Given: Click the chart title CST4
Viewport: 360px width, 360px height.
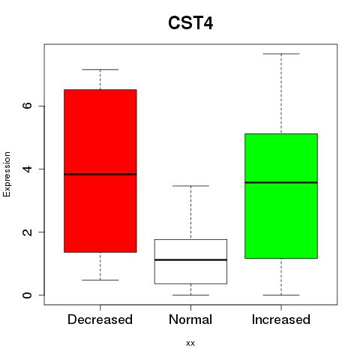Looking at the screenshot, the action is [x=190, y=23].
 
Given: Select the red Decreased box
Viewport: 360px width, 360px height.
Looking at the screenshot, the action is [x=100, y=171].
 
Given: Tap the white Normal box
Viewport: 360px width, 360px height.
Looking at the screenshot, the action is [x=190, y=262].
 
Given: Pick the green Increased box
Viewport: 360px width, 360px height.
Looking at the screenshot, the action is [x=281, y=196].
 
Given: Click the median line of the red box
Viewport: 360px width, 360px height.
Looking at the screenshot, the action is [x=100, y=174].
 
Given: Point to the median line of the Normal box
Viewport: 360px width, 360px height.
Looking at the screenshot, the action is [x=190, y=260].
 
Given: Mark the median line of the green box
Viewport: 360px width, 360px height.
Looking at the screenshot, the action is [x=281, y=182].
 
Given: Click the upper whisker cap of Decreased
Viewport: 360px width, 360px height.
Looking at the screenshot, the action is [x=100, y=70].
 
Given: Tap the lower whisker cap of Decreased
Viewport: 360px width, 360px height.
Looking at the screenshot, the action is [x=100, y=280].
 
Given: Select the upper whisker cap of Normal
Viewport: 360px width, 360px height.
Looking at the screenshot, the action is [x=190, y=186].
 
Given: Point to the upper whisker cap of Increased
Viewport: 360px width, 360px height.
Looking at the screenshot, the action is [x=281, y=54].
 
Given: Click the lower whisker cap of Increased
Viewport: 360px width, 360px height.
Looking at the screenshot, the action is [x=281, y=295].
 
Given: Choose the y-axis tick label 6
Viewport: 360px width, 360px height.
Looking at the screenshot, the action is [x=27, y=106].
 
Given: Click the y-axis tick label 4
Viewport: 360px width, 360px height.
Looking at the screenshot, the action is [x=27, y=169].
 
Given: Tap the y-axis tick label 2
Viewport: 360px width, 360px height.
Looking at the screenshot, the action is [x=27, y=232].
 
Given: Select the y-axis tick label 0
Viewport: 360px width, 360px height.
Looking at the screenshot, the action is [x=27, y=295].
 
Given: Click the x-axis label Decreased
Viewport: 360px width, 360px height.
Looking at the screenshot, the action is [x=100, y=319].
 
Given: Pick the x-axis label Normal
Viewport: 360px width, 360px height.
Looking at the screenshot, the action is [x=190, y=319].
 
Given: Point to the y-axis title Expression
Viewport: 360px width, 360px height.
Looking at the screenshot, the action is [x=7, y=175].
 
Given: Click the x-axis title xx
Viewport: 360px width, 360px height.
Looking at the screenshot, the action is [x=190, y=343].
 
